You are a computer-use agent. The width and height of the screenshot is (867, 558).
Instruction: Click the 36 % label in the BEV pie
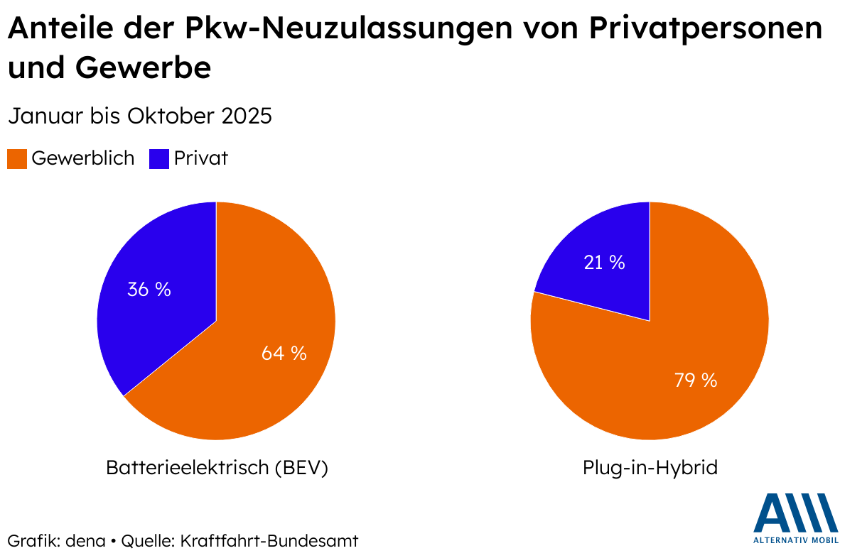[x=149, y=290]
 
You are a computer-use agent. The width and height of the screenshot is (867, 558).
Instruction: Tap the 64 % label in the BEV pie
[x=284, y=353]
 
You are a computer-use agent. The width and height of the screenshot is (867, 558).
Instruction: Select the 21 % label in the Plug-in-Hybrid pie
[x=604, y=263]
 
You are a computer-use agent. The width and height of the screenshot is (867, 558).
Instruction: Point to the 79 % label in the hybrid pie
[x=695, y=380]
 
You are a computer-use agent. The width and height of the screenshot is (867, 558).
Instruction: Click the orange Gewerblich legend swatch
[x=17, y=158]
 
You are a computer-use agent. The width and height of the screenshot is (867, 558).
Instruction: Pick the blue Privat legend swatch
[x=159, y=158]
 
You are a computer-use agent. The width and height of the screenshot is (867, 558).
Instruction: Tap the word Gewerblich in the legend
[x=82, y=158]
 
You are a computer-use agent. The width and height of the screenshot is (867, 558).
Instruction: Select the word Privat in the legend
[x=201, y=158]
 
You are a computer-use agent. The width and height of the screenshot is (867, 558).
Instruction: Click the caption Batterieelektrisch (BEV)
[x=217, y=469]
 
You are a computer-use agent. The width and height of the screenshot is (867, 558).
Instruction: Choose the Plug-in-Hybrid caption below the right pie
[x=650, y=469]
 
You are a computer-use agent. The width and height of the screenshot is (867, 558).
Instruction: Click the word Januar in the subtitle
[x=42, y=116]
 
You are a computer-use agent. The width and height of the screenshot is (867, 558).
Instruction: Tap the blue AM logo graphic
[x=796, y=513]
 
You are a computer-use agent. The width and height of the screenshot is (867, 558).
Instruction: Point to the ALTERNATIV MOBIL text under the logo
[x=796, y=540]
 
